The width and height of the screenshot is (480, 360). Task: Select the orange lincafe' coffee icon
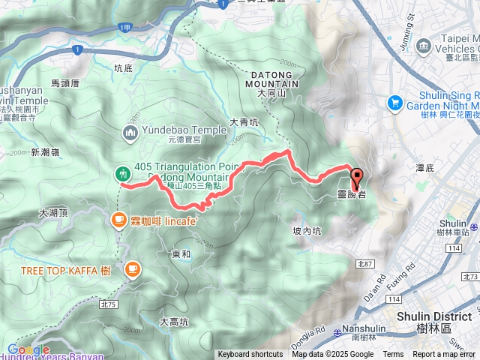click(118, 220)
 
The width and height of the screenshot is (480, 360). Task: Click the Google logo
click(28, 349)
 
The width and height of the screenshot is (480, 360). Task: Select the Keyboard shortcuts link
click(250, 355)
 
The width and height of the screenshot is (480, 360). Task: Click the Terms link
click(393, 355)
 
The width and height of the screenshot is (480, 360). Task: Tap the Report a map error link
click(445, 355)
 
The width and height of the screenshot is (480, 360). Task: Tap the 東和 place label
click(181, 255)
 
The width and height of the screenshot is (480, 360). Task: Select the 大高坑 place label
click(174, 322)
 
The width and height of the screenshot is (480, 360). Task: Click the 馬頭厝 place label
click(65, 85)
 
